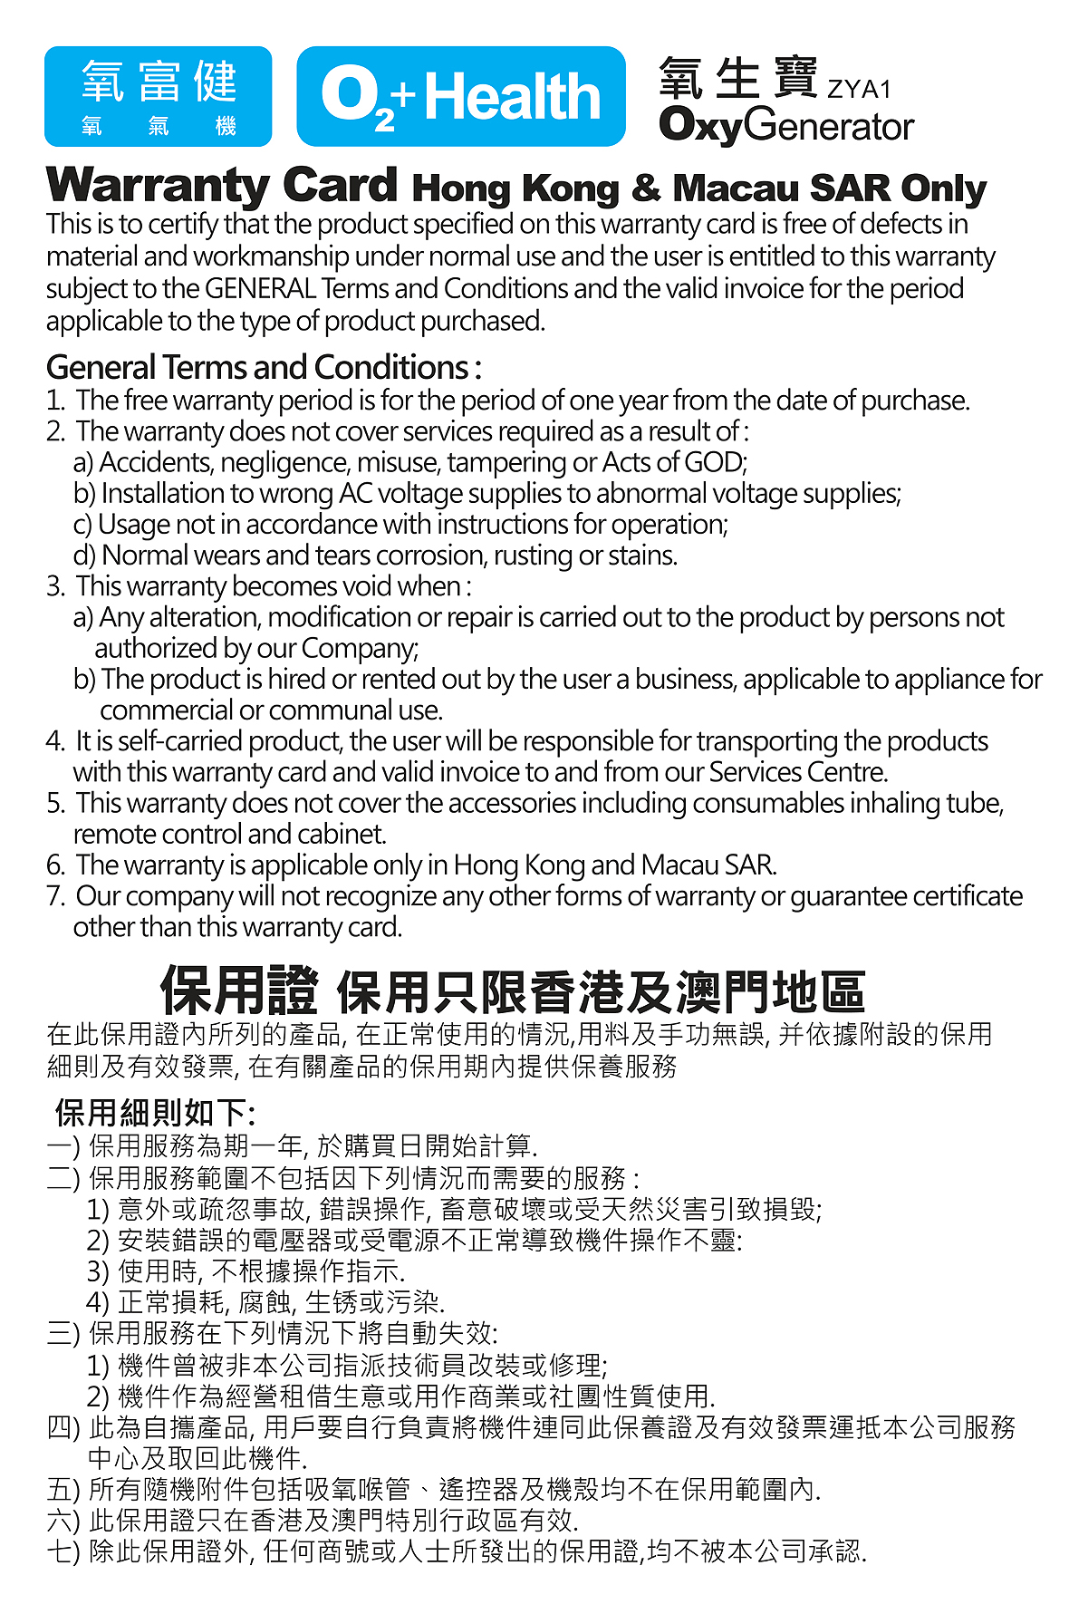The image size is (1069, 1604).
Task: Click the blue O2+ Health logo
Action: click(x=460, y=97)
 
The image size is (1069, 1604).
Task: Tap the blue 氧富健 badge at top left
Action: click(x=159, y=97)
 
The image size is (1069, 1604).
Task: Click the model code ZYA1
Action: click(x=859, y=90)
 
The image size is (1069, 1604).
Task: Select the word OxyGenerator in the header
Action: click(x=785, y=126)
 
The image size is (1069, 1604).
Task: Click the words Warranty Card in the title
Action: click(x=222, y=186)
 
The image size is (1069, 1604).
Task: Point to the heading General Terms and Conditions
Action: click(x=263, y=367)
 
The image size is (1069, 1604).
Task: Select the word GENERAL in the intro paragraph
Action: click(x=260, y=289)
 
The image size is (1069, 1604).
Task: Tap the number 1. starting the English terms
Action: click(x=55, y=401)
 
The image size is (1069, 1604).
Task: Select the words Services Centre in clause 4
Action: click(x=797, y=772)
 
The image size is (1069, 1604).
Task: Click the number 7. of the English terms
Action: click(x=55, y=896)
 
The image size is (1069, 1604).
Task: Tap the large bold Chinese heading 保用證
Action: click(x=239, y=990)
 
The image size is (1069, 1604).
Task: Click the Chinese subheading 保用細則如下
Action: click(x=154, y=1112)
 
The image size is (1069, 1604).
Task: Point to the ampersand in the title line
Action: click(x=645, y=188)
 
